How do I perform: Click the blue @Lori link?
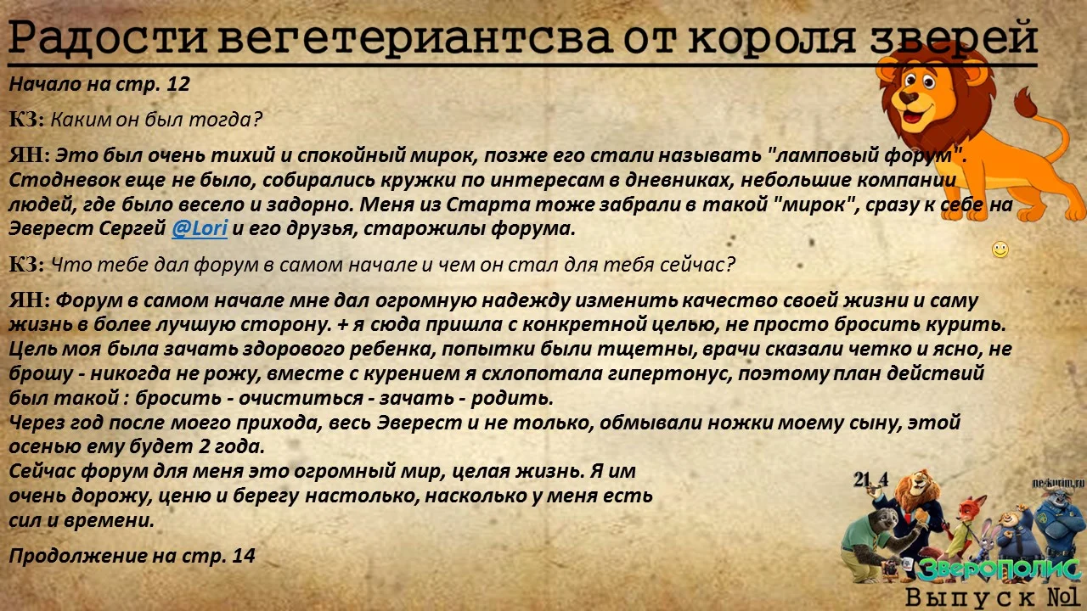click(x=200, y=228)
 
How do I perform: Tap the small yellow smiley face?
click(x=1000, y=249)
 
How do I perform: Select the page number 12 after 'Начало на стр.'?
click(x=179, y=84)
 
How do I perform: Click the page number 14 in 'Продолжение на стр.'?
click(x=244, y=556)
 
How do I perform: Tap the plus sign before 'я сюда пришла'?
click(x=342, y=324)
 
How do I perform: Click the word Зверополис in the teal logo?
click(x=999, y=569)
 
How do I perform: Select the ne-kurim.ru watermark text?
click(x=1058, y=483)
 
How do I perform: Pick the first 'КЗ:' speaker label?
click(x=27, y=120)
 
